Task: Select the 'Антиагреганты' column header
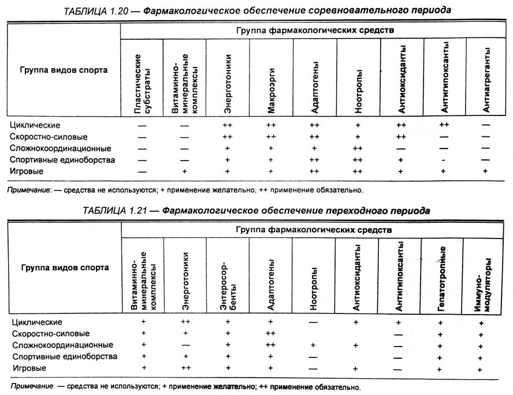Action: [485, 79]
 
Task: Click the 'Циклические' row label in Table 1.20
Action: [35, 125]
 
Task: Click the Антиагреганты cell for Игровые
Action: [485, 172]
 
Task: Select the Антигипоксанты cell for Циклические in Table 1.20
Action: [444, 125]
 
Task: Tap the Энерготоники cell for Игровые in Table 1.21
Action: [185, 368]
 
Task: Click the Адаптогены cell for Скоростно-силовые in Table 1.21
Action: [270, 334]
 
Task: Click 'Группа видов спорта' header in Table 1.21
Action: [64, 268]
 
